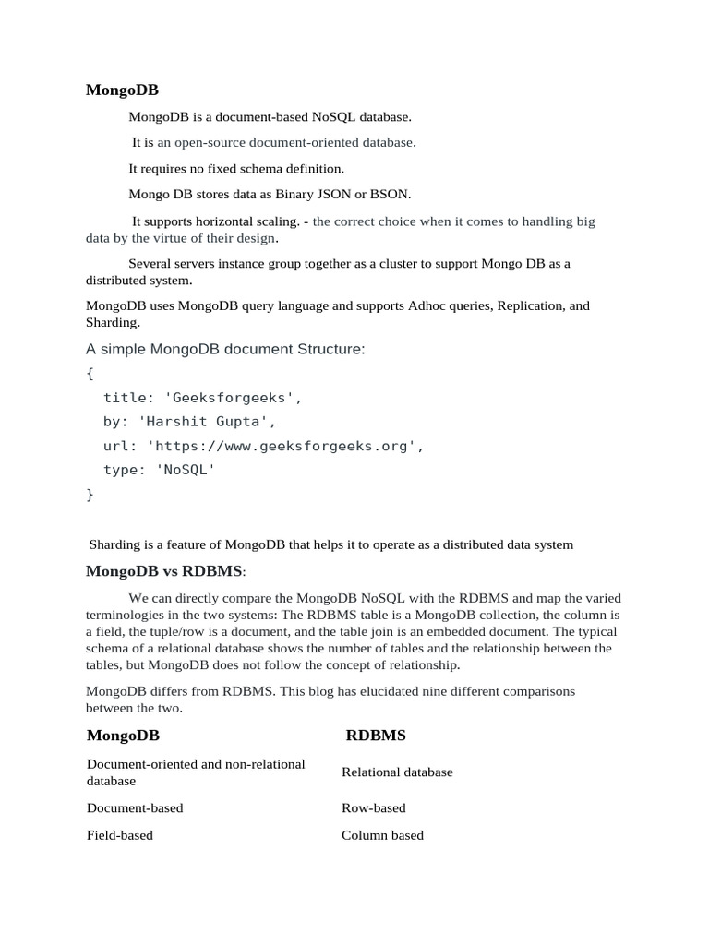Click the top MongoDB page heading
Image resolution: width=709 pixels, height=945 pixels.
pyautogui.click(x=122, y=90)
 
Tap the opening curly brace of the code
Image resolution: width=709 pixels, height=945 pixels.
pyautogui.click(x=90, y=373)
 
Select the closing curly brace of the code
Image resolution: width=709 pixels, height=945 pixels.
pyautogui.click(x=90, y=494)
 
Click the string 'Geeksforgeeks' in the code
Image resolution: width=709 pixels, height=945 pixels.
pyautogui.click(x=234, y=398)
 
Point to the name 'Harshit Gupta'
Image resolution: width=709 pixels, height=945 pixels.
pyautogui.click(x=207, y=422)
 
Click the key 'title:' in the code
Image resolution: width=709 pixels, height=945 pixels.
pyautogui.click(x=128, y=398)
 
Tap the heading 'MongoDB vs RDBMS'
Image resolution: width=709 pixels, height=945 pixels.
pyautogui.click(x=164, y=570)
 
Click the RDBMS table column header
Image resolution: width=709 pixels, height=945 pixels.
pyautogui.click(x=376, y=736)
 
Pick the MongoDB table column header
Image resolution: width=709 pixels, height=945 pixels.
pyautogui.click(x=123, y=736)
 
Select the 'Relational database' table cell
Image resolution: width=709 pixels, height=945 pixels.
pyautogui.click(x=397, y=772)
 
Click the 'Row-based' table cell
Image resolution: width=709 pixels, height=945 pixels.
pyautogui.click(x=373, y=808)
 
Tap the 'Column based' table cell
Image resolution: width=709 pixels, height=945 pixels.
pyautogui.click(x=382, y=835)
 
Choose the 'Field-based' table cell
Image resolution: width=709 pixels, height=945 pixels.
pyautogui.click(x=120, y=835)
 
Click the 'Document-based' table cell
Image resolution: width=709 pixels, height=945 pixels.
pyautogui.click(x=135, y=808)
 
